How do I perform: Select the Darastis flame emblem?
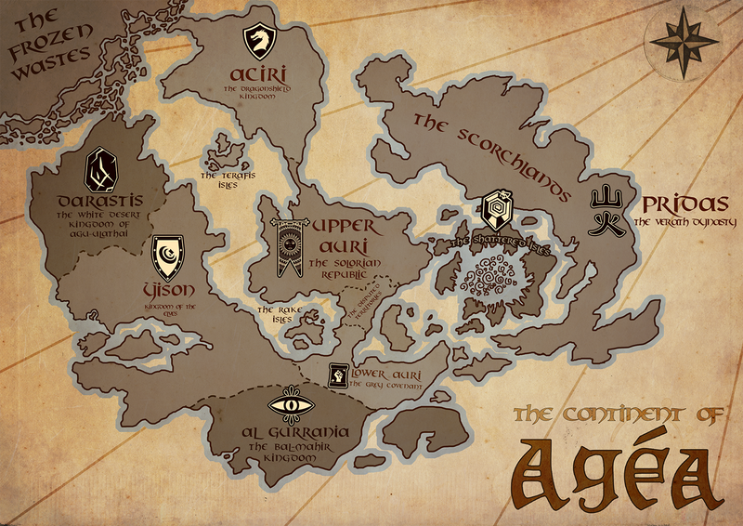99,169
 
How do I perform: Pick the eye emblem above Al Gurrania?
290,406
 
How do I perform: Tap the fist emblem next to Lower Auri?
336,375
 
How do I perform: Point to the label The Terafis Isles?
226,178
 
